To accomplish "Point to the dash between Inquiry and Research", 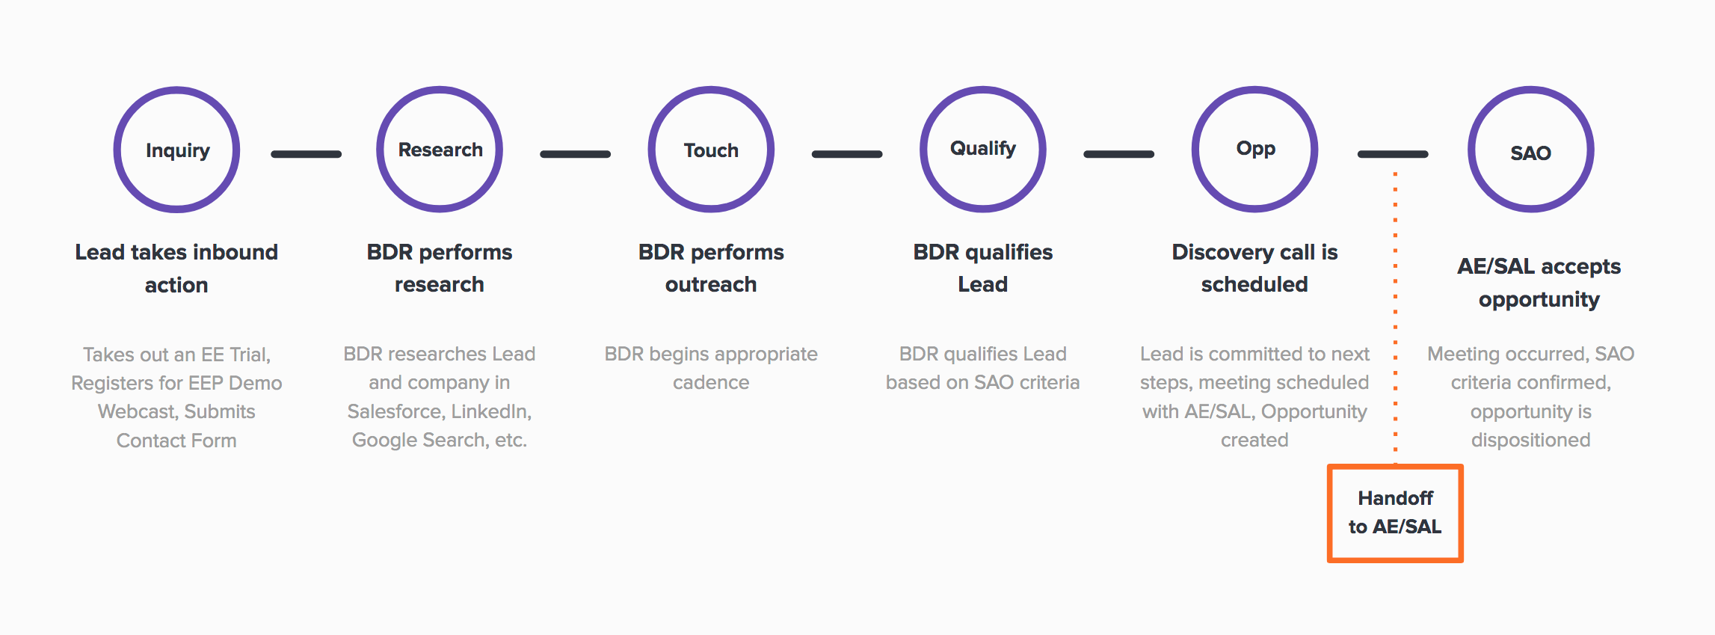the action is pyautogui.click(x=307, y=154).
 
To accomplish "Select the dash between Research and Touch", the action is pyautogui.click(x=576, y=154).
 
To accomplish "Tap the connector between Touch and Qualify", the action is pyautogui.click(x=847, y=154).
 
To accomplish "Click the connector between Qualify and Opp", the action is pyautogui.click(x=1119, y=154).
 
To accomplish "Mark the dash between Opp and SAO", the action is pyautogui.click(x=1393, y=154).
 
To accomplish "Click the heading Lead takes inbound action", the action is pyautogui.click(x=176, y=269).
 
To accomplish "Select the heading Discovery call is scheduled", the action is pyautogui.click(x=1254, y=268).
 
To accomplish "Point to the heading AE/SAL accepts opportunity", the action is pyautogui.click(x=1539, y=283).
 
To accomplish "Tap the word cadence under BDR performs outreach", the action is pyautogui.click(x=711, y=382).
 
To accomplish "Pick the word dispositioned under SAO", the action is pyautogui.click(x=1531, y=441).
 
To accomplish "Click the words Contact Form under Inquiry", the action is pyautogui.click(x=176, y=441).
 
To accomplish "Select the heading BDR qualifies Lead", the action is pyautogui.click(x=983, y=268).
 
